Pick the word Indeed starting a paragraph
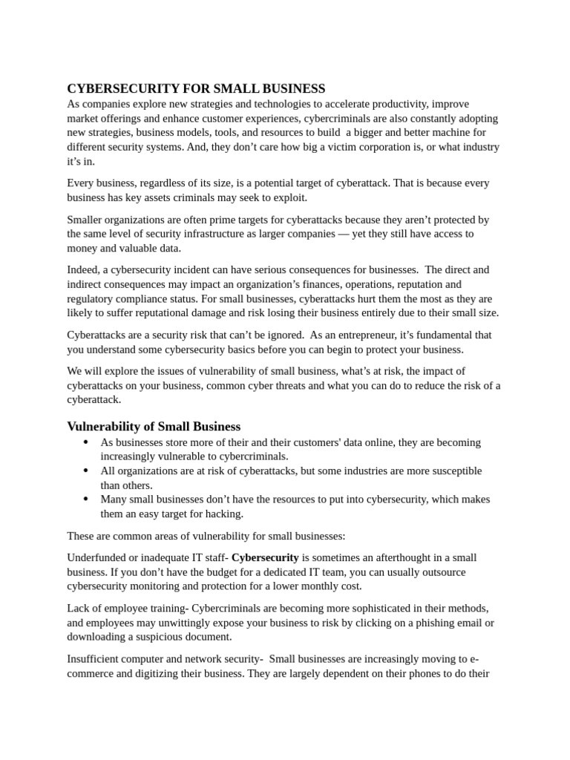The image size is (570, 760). click(x=84, y=270)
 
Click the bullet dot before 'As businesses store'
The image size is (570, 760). click(x=86, y=442)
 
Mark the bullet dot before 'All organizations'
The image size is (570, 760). click(x=86, y=471)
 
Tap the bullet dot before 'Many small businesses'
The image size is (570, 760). click(x=86, y=499)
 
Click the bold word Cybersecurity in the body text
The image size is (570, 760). click(x=265, y=557)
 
